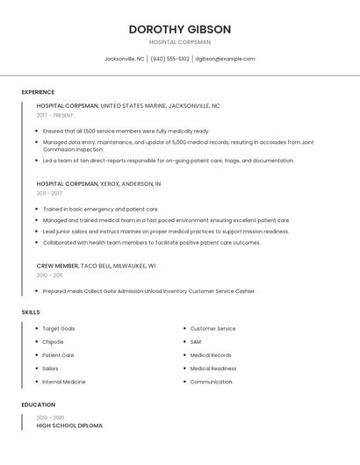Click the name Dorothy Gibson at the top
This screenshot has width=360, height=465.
pos(180,29)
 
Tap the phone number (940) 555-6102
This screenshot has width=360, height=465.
pos(169,59)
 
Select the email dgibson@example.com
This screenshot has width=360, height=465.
pos(226,59)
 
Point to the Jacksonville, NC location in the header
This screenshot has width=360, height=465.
pos(124,59)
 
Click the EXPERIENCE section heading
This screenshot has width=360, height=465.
pos(38,92)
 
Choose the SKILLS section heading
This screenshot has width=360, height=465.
pos(31,312)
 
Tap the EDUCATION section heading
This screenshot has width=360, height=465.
pos(38,405)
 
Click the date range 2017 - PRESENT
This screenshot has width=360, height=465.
pos(55,115)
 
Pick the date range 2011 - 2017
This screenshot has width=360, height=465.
pos(49,193)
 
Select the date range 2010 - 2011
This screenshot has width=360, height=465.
pos(49,275)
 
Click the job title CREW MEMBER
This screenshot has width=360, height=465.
pos(57,265)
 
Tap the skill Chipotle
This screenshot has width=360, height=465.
pos(53,342)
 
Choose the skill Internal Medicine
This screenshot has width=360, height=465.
pos(63,382)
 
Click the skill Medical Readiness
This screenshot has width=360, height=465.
pos(212,368)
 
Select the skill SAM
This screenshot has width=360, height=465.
pos(195,342)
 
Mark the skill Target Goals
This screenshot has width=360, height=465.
pos(58,329)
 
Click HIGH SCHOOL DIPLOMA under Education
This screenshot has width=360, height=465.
pos(69,426)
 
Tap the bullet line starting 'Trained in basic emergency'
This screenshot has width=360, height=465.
pos(100,210)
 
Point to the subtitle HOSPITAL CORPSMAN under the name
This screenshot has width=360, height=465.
pos(180,42)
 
